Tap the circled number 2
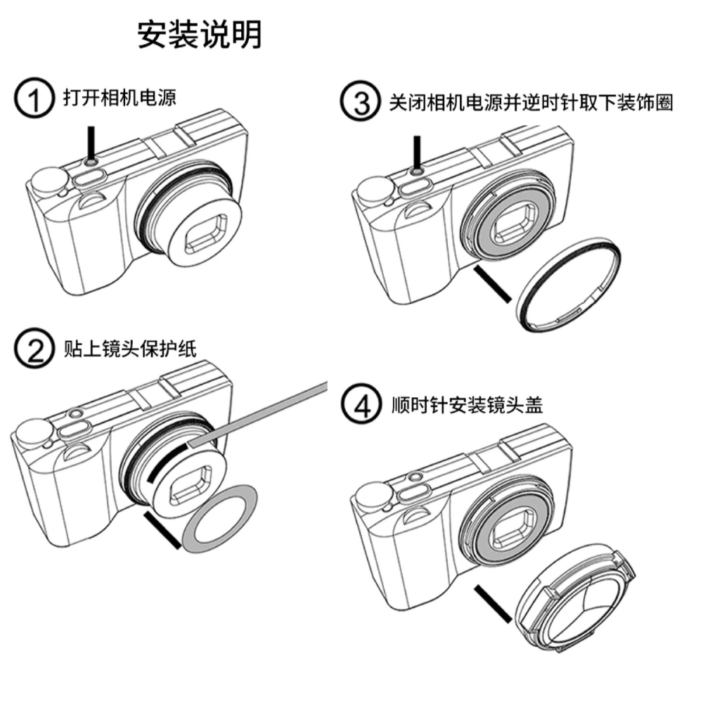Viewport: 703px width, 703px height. pyautogui.click(x=34, y=349)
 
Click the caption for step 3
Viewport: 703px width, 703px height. pyautogui.click(x=531, y=103)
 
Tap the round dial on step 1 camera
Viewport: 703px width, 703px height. pyautogui.click(x=44, y=181)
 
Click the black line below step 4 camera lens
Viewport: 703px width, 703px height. pyautogui.click(x=491, y=605)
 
